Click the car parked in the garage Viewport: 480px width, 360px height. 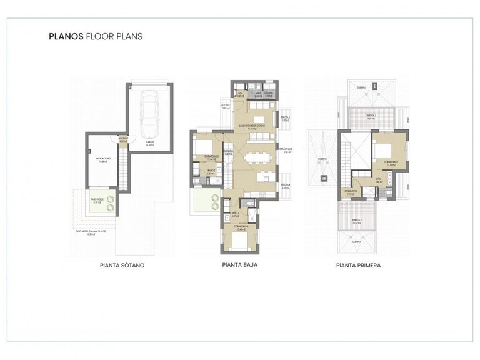click(149, 113)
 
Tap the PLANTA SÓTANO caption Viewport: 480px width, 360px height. click(122, 265)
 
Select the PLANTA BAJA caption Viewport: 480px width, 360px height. click(241, 264)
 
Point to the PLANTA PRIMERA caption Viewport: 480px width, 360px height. click(359, 265)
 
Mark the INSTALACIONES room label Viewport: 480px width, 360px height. click(103, 159)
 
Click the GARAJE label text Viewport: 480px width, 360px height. click(150, 142)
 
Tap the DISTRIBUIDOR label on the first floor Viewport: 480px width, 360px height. click(351, 192)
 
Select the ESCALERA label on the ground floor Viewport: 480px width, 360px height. click(228, 152)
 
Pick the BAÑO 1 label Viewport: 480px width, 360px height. click(379, 179)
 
